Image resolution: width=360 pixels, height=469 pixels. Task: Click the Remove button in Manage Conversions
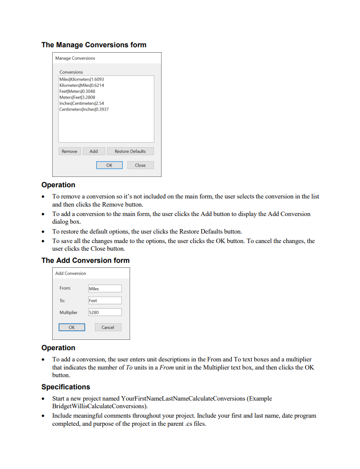[69, 151]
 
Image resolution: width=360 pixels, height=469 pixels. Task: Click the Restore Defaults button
[130, 151]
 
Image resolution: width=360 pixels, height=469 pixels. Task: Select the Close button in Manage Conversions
[140, 165]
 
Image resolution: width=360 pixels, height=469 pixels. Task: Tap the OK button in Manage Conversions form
[109, 165]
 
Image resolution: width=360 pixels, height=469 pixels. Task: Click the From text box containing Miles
[104, 289]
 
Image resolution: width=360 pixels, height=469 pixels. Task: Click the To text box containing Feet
[104, 300]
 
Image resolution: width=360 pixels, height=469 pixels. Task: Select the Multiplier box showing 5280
[104, 312]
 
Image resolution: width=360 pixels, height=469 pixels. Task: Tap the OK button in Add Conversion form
[72, 327]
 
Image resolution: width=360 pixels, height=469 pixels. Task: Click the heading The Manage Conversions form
[94, 45]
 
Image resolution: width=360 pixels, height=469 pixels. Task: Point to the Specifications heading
[66, 387]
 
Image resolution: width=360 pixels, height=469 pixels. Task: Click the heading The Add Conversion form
[85, 260]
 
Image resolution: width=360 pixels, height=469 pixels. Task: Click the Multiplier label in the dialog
[68, 312]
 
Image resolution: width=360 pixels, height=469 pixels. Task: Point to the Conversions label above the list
[71, 72]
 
